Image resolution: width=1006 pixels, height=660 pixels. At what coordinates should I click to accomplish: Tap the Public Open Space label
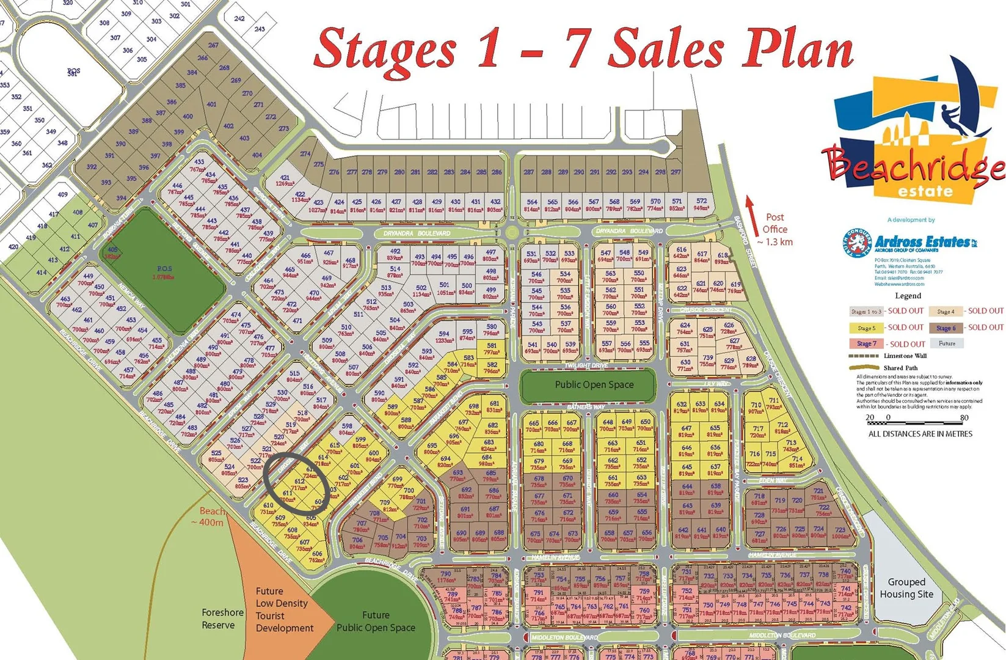(594, 385)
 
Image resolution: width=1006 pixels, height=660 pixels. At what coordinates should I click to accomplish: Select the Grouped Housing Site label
(906, 588)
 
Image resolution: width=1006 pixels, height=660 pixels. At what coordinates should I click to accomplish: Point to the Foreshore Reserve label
(222, 618)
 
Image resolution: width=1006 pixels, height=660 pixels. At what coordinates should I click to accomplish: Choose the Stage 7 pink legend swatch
(866, 343)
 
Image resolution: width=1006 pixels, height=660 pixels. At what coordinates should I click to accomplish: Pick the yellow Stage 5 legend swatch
(866, 328)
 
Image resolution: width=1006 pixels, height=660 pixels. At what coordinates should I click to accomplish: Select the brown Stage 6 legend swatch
(946, 328)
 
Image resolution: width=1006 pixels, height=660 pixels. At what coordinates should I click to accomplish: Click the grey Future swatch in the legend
(946, 343)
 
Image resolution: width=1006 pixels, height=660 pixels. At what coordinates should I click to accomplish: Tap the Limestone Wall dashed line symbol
(864, 356)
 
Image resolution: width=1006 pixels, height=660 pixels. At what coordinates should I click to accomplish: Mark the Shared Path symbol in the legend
(864, 368)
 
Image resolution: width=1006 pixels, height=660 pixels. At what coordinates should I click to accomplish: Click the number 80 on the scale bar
(964, 418)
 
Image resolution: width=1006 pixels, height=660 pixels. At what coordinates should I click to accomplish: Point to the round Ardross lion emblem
(856, 243)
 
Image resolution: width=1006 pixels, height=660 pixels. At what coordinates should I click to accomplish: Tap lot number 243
(260, 29)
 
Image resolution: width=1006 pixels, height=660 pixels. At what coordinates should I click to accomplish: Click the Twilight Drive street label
(586, 365)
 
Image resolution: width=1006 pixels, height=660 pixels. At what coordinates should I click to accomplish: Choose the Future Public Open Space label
(376, 621)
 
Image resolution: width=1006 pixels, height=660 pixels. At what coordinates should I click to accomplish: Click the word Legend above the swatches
(908, 296)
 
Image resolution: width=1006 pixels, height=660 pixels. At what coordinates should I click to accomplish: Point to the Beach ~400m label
(212, 517)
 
